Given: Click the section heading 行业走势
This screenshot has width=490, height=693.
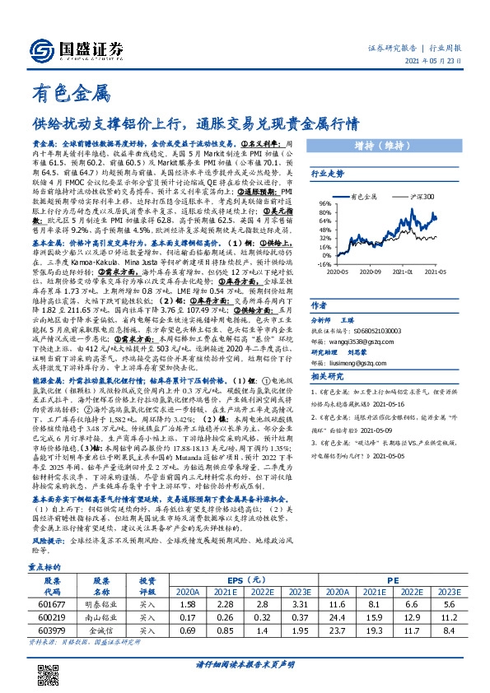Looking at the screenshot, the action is click(327, 174).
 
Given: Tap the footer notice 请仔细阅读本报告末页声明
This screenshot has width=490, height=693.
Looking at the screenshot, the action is click(245, 677).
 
